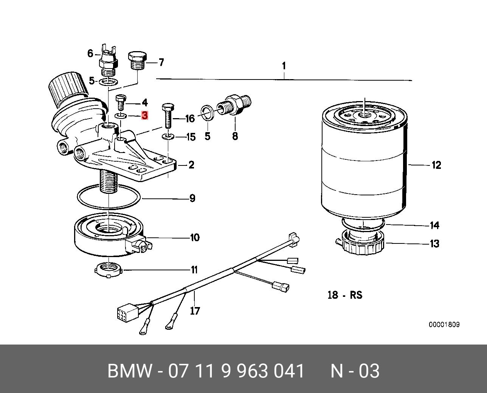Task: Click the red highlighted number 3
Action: (x=144, y=115)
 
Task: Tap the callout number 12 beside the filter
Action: (x=436, y=165)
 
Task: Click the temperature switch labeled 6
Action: (x=107, y=61)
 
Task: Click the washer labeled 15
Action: (x=169, y=136)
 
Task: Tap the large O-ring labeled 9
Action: (x=109, y=196)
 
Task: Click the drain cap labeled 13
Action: (x=362, y=244)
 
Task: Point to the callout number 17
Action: (x=195, y=311)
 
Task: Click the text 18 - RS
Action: (x=344, y=295)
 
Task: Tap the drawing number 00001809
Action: (x=444, y=325)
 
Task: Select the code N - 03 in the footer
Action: (x=355, y=371)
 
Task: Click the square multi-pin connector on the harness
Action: (x=123, y=314)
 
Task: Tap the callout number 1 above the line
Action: (x=284, y=66)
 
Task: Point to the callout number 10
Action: (x=194, y=238)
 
